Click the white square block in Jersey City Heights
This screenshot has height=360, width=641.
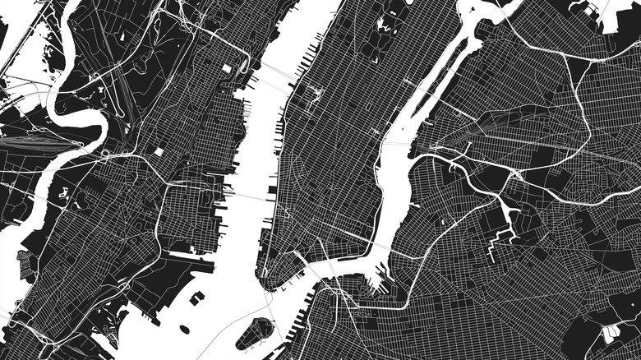coord(159,152)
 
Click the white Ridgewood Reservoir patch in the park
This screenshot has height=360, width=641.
coord(609,334)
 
